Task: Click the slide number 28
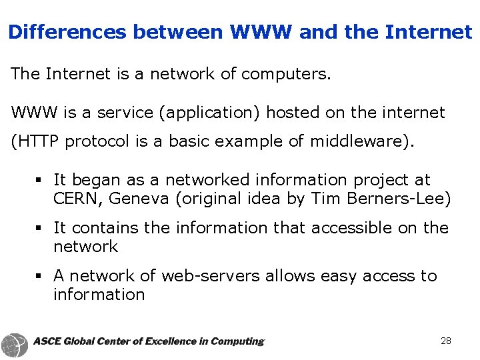pyautogui.click(x=446, y=341)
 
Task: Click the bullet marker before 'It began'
pyautogui.click(x=41, y=181)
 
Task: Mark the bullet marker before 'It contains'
pyautogui.click(x=41, y=229)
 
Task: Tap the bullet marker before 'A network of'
pyautogui.click(x=41, y=277)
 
